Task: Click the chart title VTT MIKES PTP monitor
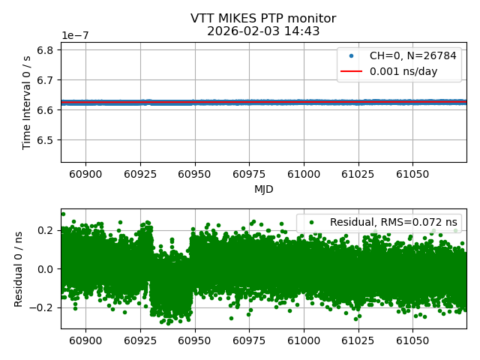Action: [263, 19]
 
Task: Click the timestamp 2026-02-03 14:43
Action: [263, 31]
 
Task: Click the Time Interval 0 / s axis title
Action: [28, 102]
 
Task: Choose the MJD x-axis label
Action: [263, 189]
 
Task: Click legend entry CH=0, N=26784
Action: [412, 56]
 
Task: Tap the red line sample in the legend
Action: [351, 72]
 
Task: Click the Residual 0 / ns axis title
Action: [20, 268]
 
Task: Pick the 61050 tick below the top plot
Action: [412, 174]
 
